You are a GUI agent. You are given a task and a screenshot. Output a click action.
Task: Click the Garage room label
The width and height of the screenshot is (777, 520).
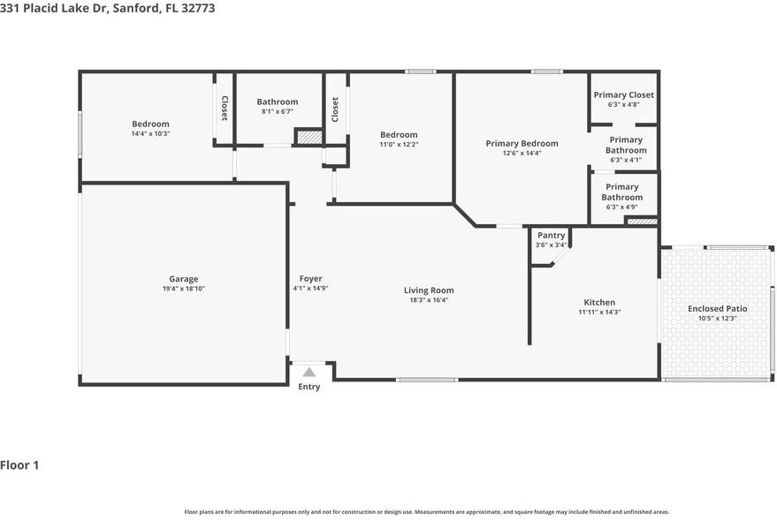click(x=184, y=279)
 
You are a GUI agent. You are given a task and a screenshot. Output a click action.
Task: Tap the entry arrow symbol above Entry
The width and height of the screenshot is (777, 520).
click(x=309, y=373)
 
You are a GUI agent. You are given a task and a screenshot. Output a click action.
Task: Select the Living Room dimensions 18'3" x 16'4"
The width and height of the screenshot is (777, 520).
click(x=429, y=300)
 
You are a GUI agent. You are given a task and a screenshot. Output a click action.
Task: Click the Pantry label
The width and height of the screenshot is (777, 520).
click(x=551, y=235)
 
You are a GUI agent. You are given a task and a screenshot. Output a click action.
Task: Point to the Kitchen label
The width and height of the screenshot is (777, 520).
click(x=599, y=302)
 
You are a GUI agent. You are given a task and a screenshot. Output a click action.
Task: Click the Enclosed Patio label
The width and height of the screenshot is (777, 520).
click(x=717, y=308)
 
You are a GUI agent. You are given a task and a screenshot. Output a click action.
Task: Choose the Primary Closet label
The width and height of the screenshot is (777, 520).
click(x=623, y=94)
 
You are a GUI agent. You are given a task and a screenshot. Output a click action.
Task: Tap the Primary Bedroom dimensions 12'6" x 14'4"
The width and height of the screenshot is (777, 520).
click(x=522, y=153)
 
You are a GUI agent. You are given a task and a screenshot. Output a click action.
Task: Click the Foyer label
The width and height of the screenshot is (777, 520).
click(x=310, y=279)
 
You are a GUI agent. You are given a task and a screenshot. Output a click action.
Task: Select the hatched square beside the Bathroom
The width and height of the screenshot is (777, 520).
click(x=309, y=138)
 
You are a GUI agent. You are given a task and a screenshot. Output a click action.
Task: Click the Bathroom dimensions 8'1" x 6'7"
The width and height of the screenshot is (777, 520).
click(x=277, y=112)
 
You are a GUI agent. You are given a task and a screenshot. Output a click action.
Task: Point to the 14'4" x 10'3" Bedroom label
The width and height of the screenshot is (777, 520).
click(x=150, y=124)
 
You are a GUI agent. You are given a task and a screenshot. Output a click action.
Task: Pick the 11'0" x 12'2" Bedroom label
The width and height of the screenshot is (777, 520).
click(x=399, y=135)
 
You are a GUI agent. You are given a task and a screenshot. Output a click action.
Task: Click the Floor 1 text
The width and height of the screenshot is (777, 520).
click(x=19, y=465)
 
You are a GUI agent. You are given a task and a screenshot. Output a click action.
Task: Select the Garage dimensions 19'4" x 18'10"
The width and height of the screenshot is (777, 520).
click(x=184, y=289)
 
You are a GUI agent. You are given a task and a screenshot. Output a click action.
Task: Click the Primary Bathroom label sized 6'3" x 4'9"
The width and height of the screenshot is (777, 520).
click(x=622, y=192)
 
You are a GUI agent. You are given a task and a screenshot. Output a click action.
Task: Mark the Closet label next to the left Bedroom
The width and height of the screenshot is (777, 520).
click(x=224, y=108)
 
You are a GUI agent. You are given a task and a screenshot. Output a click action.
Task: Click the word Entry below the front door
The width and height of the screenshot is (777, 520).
click(x=309, y=387)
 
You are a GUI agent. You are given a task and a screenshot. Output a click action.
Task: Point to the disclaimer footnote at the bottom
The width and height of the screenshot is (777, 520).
click(x=426, y=512)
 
